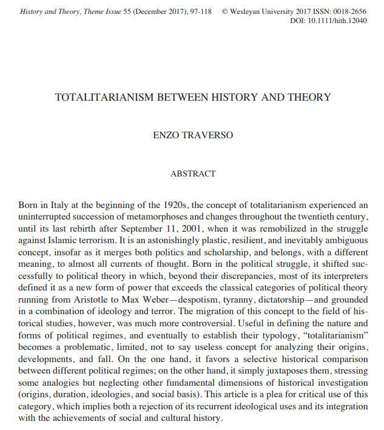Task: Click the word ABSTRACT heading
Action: pyautogui.click(x=193, y=173)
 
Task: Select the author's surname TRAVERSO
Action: pyautogui.click(x=212, y=135)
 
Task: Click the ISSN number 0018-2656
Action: pyautogui.click(x=350, y=11)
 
